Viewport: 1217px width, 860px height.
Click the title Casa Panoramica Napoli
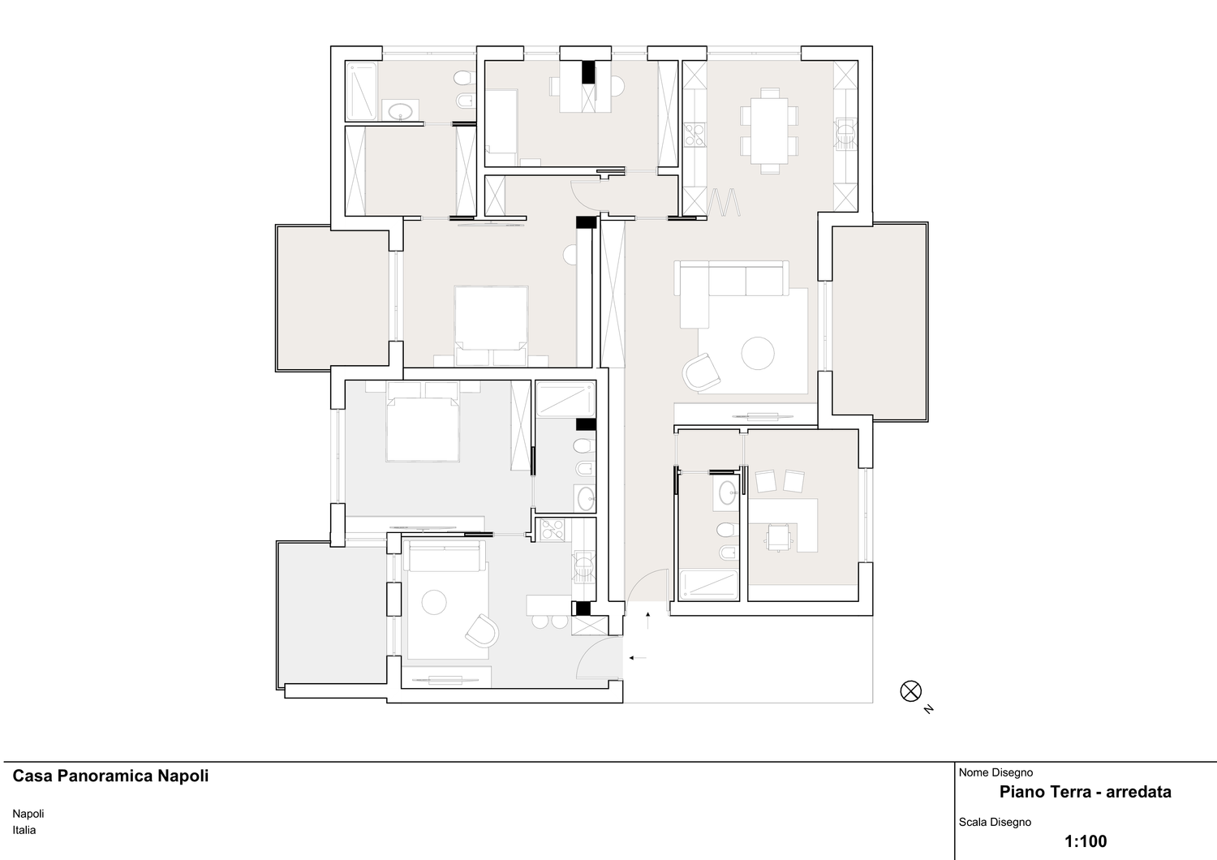click(x=110, y=776)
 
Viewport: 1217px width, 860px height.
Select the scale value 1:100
click(x=1086, y=841)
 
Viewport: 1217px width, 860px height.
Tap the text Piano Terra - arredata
click(x=1086, y=792)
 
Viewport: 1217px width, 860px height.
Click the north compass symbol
click(x=910, y=691)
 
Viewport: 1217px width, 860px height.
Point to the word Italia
click(x=24, y=830)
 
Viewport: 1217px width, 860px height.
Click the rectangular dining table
click(x=770, y=131)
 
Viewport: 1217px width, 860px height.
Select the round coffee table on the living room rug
click(x=757, y=353)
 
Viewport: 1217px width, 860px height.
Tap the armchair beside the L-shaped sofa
click(x=702, y=372)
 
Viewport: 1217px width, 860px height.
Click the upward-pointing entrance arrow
click(x=648, y=620)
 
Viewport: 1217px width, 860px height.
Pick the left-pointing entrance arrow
click(x=637, y=658)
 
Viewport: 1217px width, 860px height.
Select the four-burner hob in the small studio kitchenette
click(x=552, y=529)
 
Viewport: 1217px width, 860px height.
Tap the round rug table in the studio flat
click(x=433, y=602)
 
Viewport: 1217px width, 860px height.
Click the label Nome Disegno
click(x=996, y=772)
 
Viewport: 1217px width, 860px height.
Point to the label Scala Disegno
click(x=995, y=822)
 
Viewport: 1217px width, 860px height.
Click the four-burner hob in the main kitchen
click(x=695, y=135)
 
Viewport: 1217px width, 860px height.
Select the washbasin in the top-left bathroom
click(x=401, y=110)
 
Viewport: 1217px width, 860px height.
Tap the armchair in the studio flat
click(x=482, y=630)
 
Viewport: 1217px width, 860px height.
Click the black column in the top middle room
click(x=588, y=71)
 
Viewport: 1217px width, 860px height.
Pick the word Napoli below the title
click(x=28, y=814)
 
